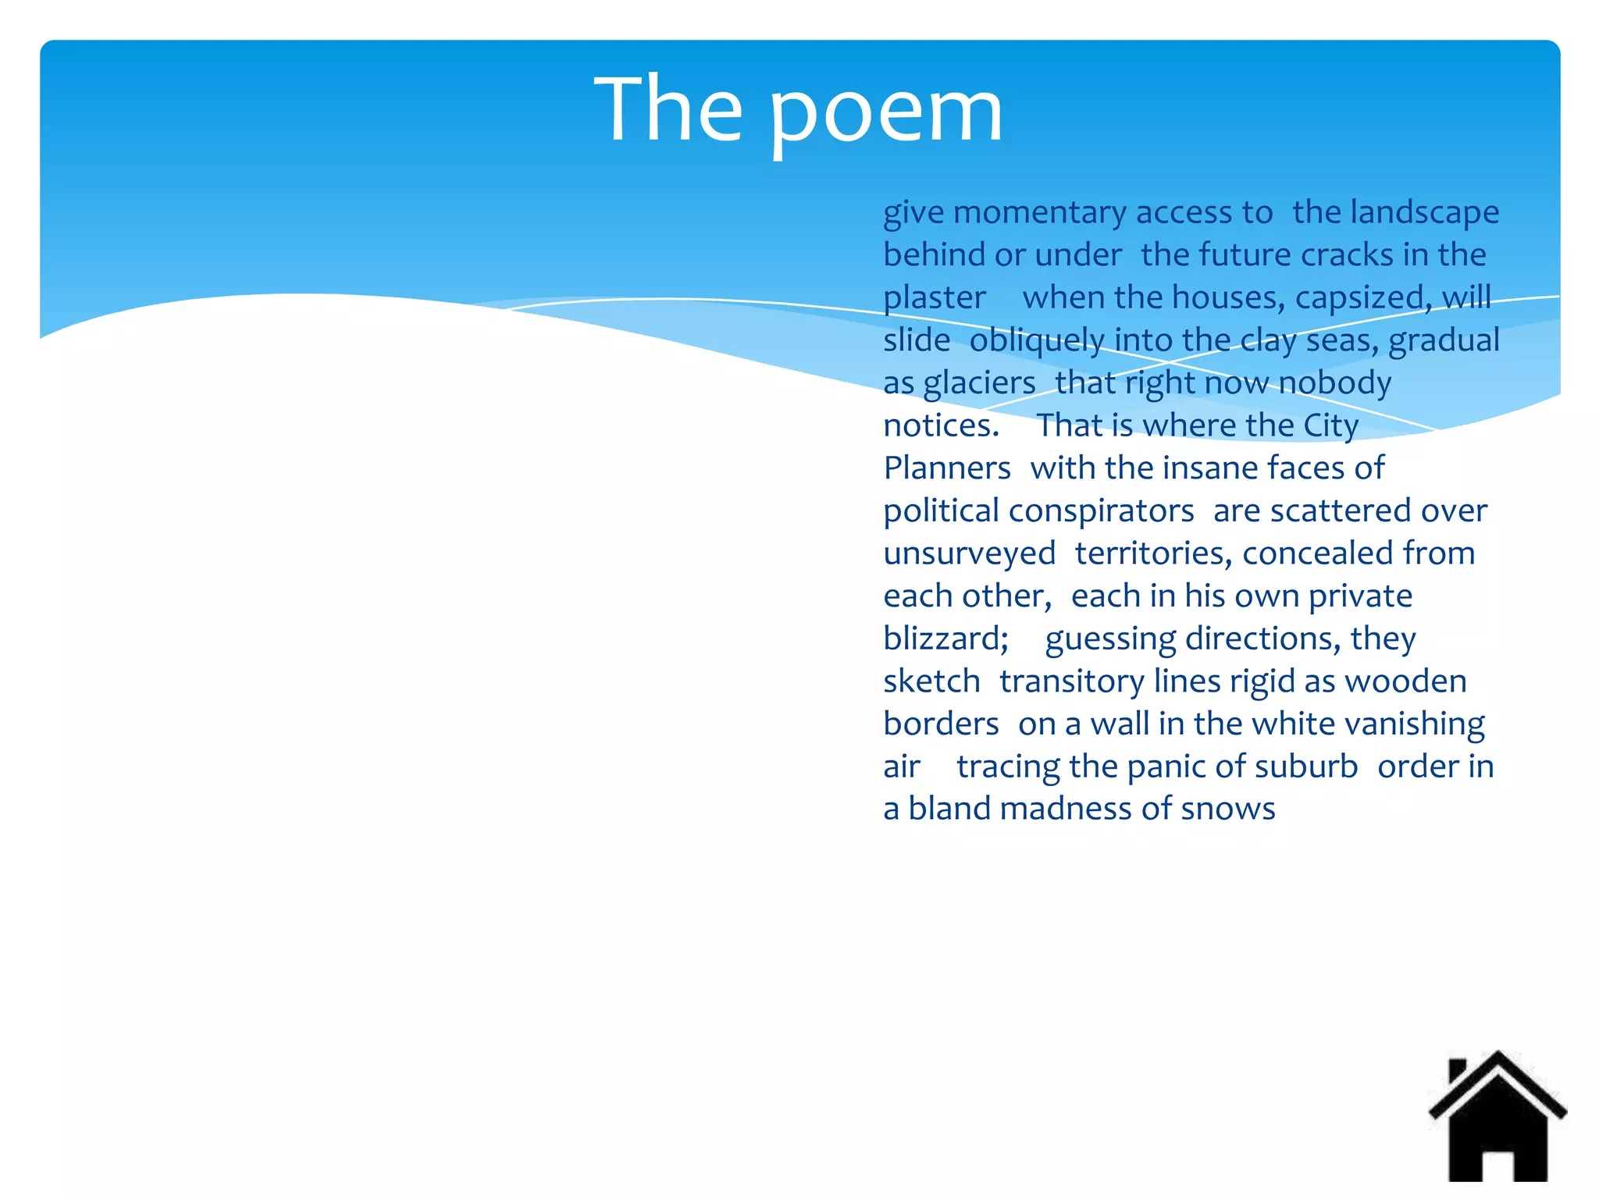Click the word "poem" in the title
point(886,113)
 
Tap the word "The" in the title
point(668,109)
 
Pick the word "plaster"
point(935,298)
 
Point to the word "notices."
point(941,426)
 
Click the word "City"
point(1330,426)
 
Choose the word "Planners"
point(947,468)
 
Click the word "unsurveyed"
point(969,553)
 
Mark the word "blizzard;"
point(946,639)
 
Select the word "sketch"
point(931,681)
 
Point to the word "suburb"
point(1306,767)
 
